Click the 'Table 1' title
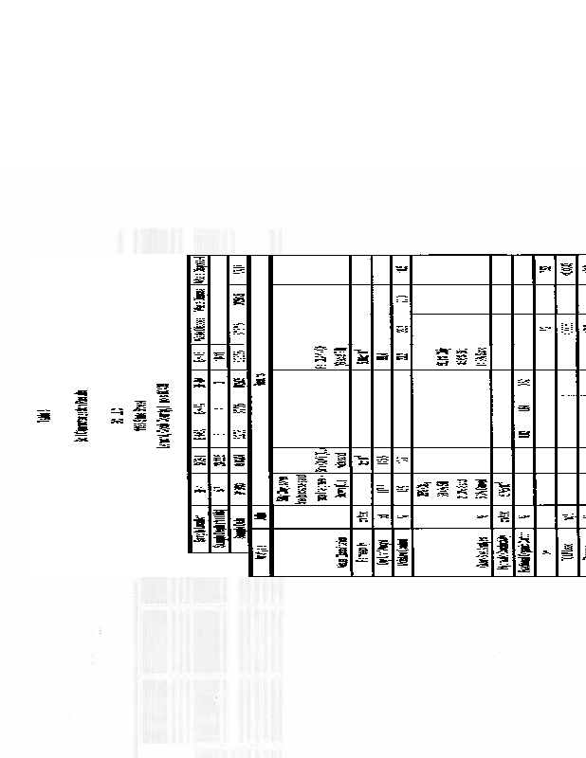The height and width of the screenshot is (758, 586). coord(44,419)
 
